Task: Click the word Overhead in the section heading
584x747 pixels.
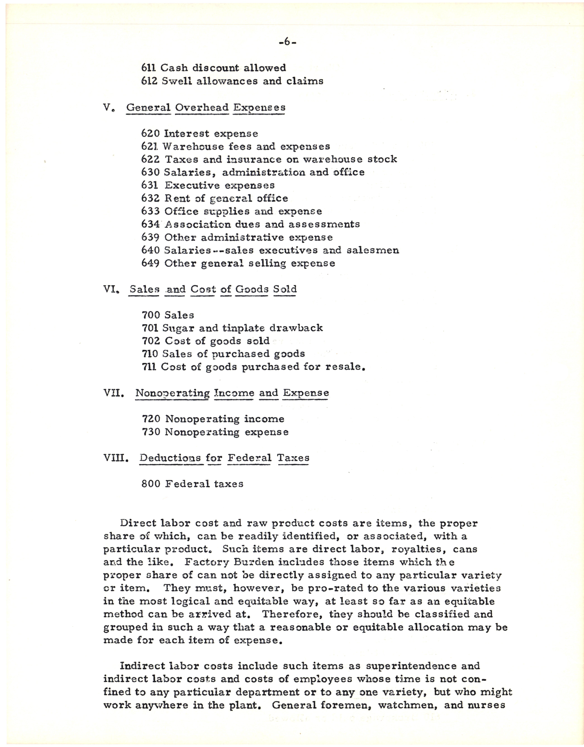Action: point(202,107)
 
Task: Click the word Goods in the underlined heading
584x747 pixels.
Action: point(252,289)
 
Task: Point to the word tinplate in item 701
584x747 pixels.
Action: point(244,328)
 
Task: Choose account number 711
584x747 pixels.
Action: point(149,367)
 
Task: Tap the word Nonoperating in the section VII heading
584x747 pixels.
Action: point(172,393)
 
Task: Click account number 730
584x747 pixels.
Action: point(151,432)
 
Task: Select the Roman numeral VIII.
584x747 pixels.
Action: point(116,458)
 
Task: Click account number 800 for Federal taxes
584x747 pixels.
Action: point(151,484)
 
